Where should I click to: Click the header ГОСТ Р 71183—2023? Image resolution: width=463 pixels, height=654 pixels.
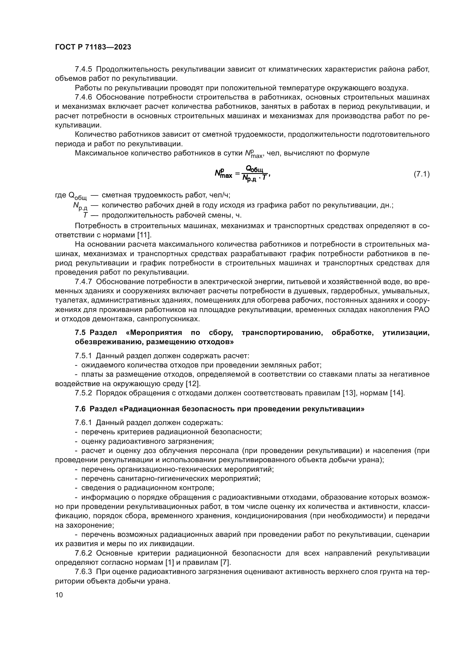(93, 47)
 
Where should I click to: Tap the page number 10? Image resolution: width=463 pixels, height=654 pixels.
(59, 595)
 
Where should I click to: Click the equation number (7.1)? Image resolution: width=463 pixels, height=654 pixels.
(421, 174)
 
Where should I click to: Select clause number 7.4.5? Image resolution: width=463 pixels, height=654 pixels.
(83, 69)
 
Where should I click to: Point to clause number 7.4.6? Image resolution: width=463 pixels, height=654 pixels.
(83, 97)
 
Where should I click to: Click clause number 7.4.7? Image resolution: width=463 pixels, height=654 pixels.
(83, 282)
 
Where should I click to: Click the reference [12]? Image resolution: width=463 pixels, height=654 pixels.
(193, 384)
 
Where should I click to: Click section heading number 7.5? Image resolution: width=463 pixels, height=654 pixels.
(80, 333)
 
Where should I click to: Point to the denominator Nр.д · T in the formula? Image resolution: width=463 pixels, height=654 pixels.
(254, 178)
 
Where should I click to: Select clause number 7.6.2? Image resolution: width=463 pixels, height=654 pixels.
(83, 553)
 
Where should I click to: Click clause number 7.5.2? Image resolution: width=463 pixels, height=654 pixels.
(83, 393)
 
